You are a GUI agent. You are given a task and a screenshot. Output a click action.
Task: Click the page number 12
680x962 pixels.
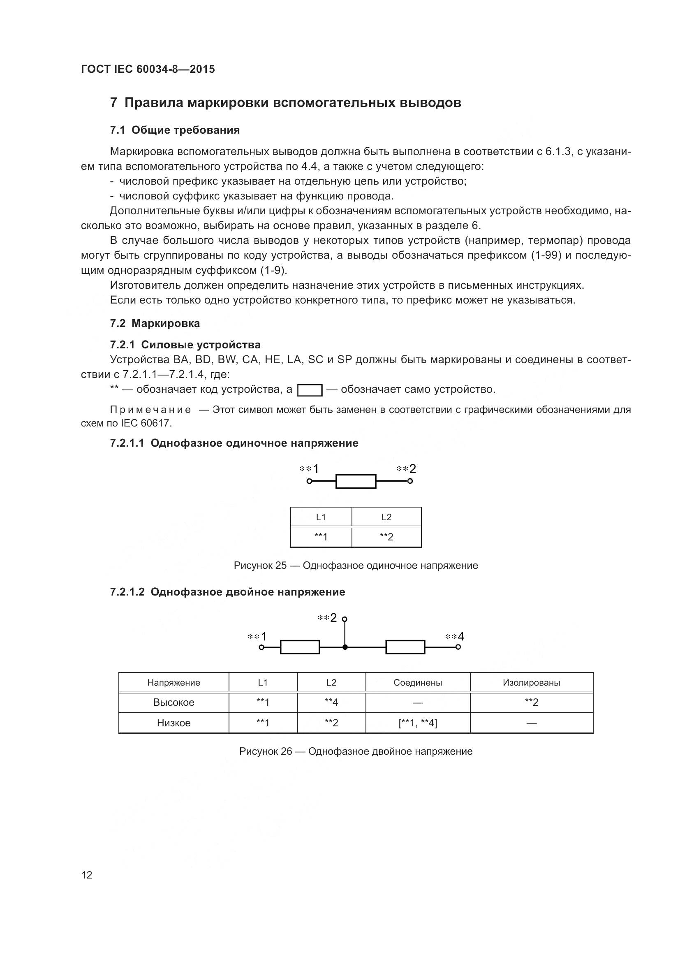[87, 875]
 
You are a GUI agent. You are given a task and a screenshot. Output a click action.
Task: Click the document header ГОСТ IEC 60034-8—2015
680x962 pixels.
[148, 69]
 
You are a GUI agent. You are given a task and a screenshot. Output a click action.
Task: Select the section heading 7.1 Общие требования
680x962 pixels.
[175, 130]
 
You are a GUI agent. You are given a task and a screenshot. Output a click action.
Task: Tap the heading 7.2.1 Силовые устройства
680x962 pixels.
[185, 344]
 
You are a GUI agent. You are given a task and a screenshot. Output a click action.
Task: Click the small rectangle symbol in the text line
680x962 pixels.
[310, 390]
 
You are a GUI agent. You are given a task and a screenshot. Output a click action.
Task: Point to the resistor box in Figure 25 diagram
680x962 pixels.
[356, 481]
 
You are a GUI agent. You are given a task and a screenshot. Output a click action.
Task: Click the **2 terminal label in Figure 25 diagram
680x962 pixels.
[406, 469]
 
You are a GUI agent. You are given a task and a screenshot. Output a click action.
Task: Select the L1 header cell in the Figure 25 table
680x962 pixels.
[321, 517]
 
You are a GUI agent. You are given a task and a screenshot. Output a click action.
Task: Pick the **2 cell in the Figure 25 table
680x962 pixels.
[386, 537]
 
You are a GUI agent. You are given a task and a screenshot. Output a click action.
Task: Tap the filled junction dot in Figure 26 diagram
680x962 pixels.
[345, 647]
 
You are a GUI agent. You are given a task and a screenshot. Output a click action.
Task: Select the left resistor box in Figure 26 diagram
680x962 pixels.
[300, 647]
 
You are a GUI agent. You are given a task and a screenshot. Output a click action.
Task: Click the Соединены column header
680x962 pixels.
[418, 683]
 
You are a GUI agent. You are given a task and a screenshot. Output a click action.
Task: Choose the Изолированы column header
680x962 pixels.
[531, 683]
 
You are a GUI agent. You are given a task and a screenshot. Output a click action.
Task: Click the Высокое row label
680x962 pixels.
[174, 702]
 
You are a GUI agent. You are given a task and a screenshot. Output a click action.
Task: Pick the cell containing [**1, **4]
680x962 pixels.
[418, 723]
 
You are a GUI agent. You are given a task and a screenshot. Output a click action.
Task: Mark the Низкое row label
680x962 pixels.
[174, 723]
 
